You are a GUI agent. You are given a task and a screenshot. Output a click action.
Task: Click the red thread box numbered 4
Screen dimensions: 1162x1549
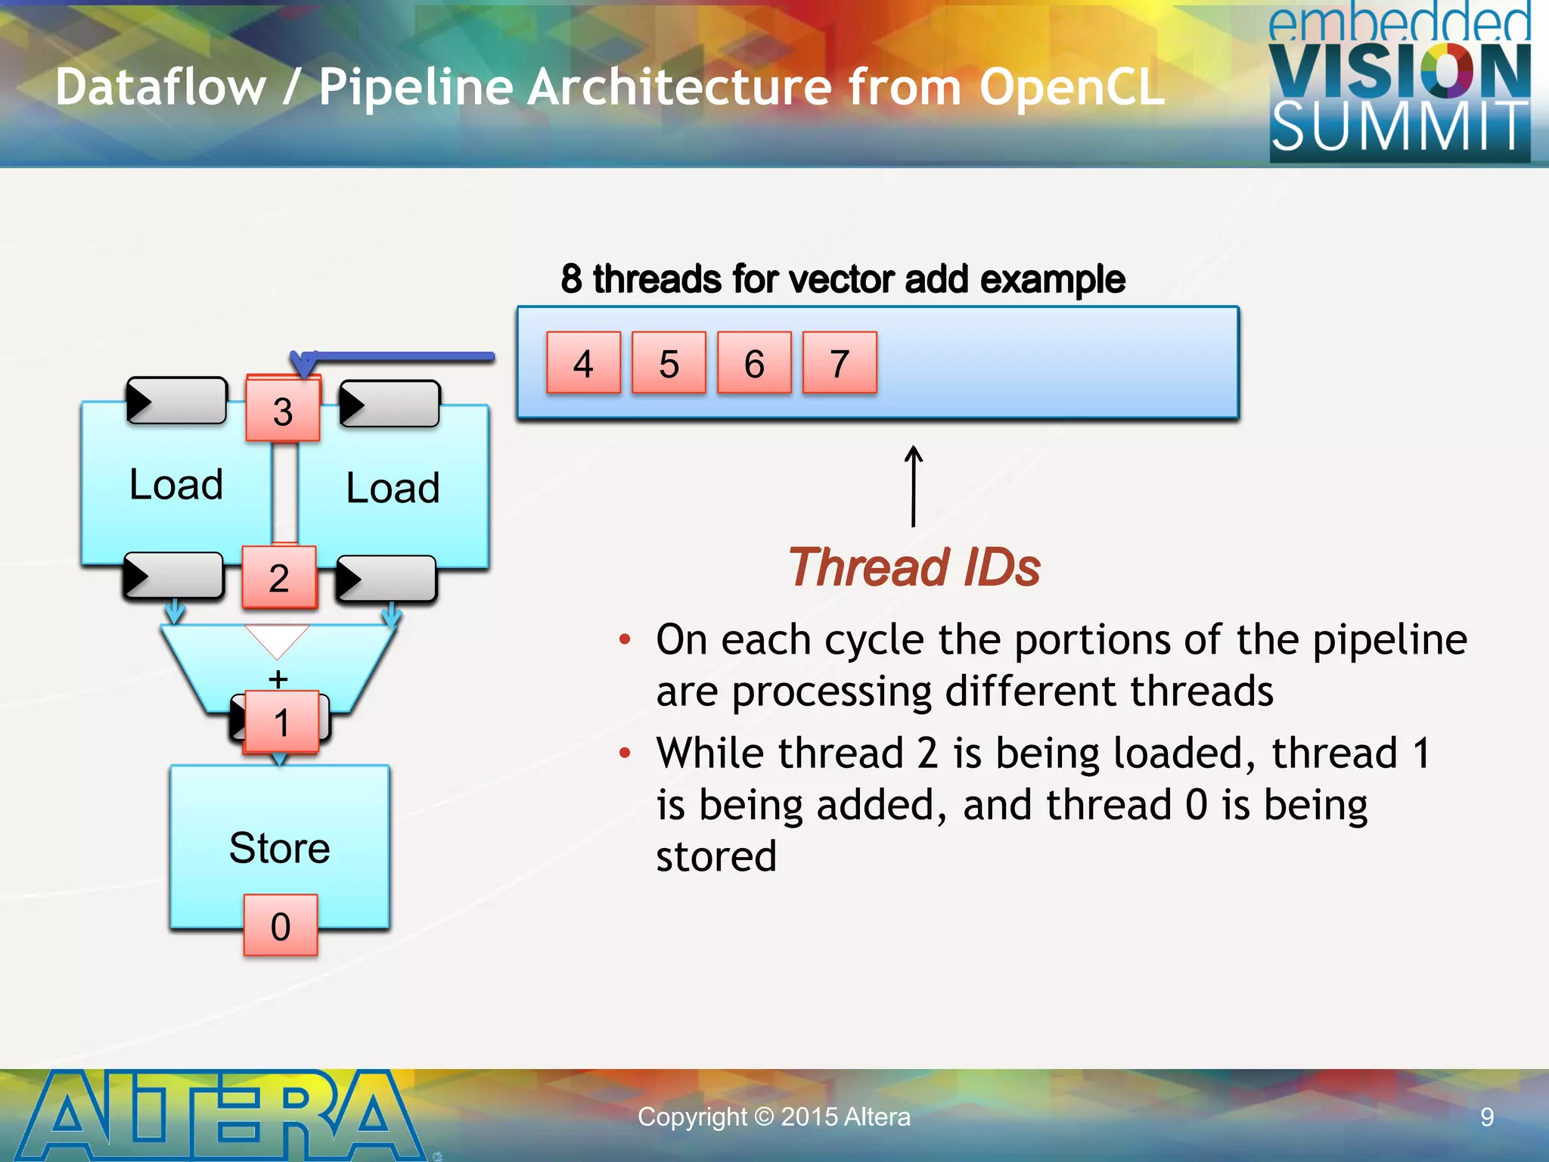[x=583, y=363]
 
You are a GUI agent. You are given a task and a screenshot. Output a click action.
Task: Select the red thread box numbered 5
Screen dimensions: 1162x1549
[x=669, y=363]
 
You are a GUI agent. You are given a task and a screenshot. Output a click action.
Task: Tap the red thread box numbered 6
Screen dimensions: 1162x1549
[x=754, y=363]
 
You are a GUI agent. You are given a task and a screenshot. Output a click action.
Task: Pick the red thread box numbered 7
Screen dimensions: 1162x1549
[x=840, y=363]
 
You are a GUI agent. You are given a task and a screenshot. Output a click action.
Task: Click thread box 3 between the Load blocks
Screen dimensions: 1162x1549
[x=283, y=410]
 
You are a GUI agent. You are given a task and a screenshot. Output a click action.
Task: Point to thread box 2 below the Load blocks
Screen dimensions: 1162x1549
[x=279, y=578]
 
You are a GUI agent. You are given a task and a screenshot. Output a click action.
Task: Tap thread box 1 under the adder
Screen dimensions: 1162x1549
[x=281, y=722]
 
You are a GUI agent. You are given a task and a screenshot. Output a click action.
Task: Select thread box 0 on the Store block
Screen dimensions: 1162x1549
[x=281, y=926]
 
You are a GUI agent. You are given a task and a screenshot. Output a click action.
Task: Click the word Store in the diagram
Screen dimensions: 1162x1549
[x=279, y=847]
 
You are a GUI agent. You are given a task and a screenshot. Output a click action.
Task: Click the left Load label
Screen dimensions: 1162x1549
[x=176, y=484]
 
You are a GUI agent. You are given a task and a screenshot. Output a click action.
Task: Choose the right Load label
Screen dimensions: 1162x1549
[x=393, y=488]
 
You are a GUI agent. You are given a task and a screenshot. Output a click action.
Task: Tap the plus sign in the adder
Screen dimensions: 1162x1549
[x=278, y=678]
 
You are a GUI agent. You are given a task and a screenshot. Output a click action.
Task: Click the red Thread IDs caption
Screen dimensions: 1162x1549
[x=914, y=567]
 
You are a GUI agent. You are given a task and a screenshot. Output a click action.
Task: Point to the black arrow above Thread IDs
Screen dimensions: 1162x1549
[x=914, y=486]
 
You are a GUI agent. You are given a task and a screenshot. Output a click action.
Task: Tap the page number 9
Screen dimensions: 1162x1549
[x=1486, y=1117]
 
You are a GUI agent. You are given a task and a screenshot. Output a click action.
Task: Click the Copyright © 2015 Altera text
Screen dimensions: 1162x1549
[x=774, y=1117]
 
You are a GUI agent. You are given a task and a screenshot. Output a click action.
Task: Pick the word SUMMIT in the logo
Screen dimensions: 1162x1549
[x=1399, y=127]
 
